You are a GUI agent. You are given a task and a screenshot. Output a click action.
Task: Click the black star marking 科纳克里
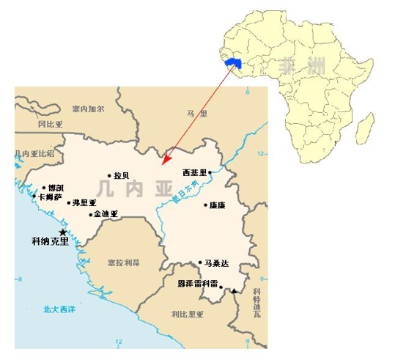62,232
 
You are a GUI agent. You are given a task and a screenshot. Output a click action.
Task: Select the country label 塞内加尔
89,109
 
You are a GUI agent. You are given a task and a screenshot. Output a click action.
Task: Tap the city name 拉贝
121,176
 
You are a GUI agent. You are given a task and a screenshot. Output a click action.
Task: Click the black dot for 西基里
210,173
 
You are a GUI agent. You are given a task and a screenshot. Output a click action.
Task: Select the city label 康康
217,205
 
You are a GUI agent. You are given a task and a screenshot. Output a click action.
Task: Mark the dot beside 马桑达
200,262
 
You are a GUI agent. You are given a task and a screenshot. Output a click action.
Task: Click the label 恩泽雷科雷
198,283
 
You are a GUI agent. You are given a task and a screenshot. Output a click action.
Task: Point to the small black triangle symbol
235,292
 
